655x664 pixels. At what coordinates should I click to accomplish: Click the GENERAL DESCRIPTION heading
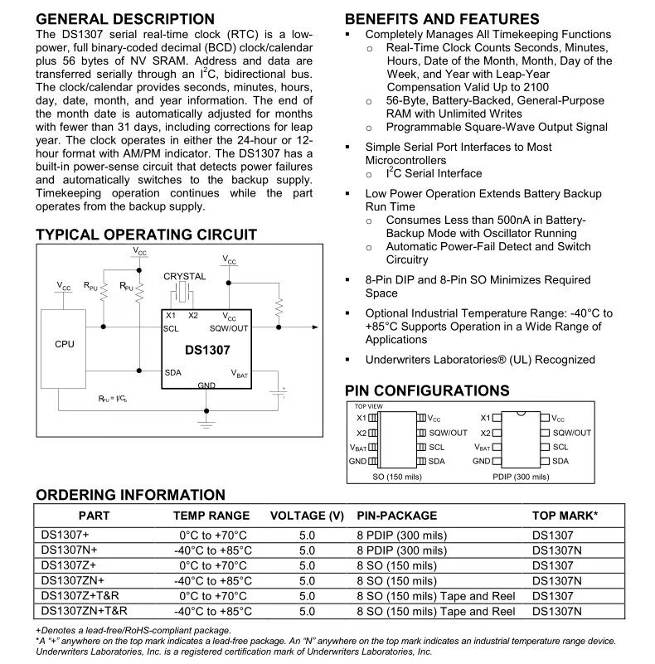pos(125,19)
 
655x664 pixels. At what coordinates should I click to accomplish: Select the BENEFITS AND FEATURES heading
pos(441,19)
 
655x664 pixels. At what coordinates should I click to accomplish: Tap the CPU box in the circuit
pos(64,344)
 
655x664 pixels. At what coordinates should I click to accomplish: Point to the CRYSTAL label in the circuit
pos(184,276)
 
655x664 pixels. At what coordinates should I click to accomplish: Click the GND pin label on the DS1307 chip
pos(206,386)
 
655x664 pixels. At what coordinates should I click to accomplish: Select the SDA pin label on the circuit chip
pos(173,372)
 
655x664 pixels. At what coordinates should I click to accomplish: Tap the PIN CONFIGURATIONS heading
pos(427,391)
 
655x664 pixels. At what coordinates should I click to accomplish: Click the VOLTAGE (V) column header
pos(307,516)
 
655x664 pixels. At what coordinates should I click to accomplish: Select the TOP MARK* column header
pos(565,516)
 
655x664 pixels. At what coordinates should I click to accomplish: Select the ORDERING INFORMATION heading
pos(130,496)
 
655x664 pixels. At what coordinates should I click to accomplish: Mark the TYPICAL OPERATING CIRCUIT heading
pos(146,235)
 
